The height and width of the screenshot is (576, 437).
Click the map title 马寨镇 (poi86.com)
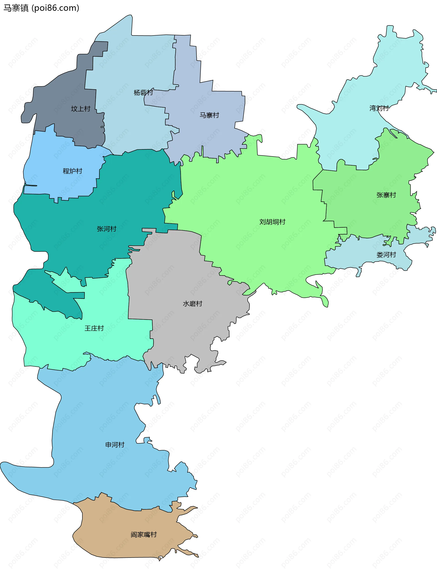click(41, 8)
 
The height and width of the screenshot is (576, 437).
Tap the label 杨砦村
click(143, 92)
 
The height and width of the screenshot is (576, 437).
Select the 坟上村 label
click(81, 109)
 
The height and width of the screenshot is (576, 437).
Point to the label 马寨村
click(209, 115)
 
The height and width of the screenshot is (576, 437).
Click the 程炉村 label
click(72, 171)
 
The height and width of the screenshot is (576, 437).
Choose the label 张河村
click(107, 229)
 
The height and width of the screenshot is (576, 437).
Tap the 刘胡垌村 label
click(272, 222)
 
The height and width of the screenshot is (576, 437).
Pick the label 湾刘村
click(379, 108)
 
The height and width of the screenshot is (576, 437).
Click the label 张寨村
click(386, 195)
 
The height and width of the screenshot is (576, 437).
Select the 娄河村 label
click(386, 255)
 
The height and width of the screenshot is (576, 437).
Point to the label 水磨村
click(193, 304)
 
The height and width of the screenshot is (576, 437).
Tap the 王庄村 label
click(94, 328)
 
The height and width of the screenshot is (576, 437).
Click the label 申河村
click(115, 445)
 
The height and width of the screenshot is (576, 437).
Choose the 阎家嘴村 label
click(144, 535)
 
